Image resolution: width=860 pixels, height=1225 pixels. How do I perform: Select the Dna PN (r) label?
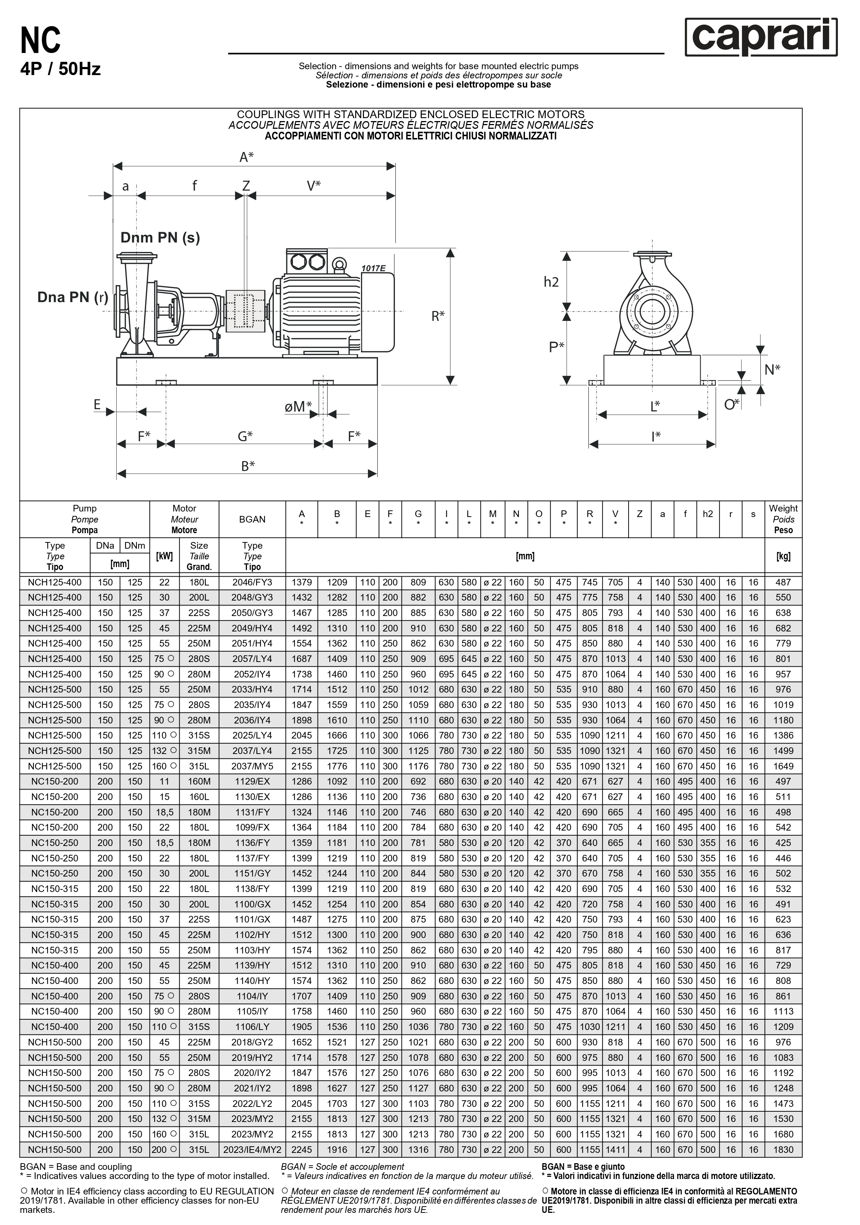tap(72, 297)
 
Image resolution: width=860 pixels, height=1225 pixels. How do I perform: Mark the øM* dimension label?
tap(298, 407)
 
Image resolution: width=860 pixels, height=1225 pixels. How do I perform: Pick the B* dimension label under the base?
tap(248, 466)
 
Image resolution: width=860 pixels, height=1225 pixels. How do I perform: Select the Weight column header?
tap(783, 519)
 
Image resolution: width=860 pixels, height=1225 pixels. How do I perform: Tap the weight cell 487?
tap(783, 582)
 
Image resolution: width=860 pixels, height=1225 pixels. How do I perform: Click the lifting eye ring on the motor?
tap(338, 264)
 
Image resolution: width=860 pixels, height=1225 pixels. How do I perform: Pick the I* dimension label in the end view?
tap(656, 436)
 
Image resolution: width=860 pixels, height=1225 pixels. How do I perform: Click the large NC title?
tap(40, 41)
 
